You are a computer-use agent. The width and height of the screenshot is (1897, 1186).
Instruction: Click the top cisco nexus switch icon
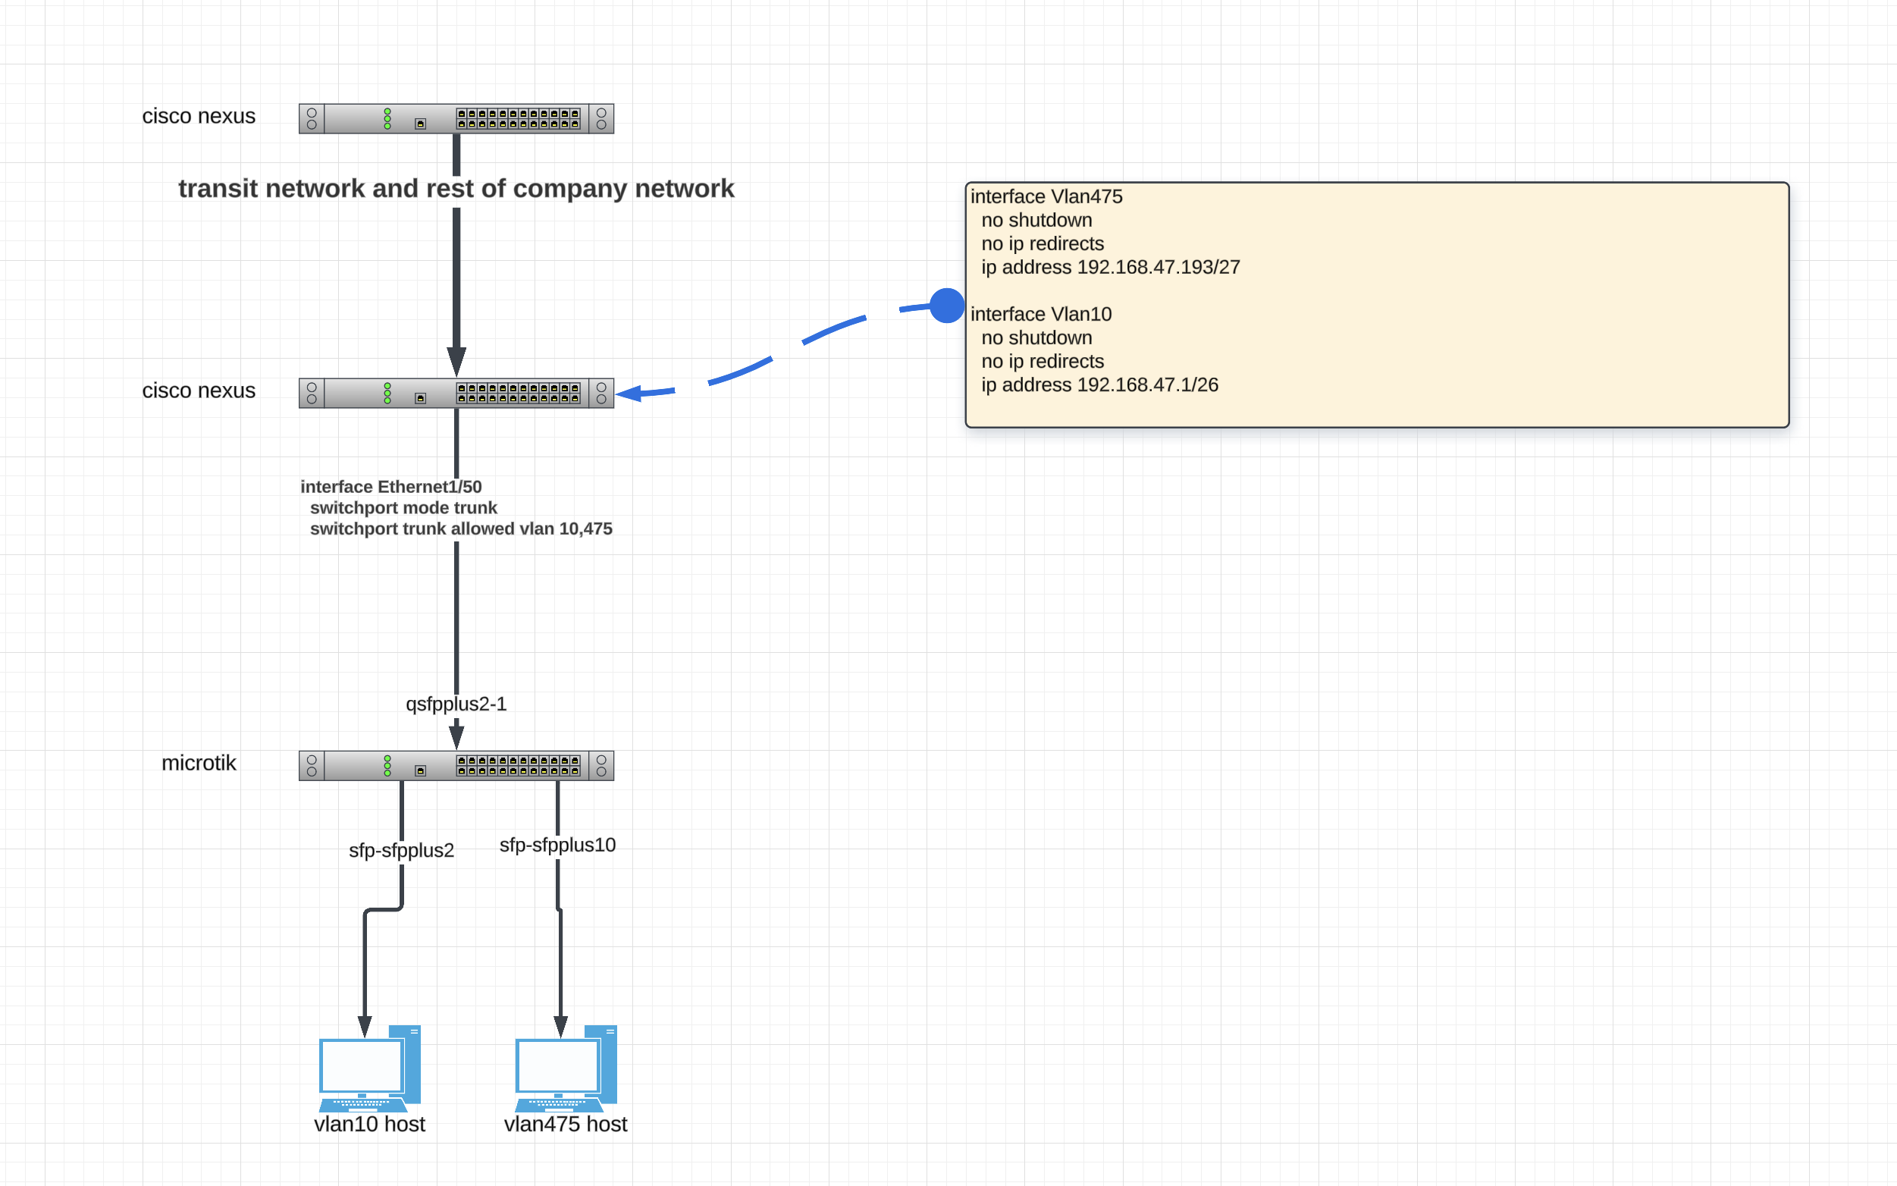click(x=456, y=118)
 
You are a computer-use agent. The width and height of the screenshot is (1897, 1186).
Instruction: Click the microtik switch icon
click(x=456, y=766)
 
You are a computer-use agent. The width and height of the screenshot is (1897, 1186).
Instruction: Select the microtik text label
click(x=199, y=762)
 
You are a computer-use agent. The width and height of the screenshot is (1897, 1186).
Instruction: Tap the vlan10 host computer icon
click(x=369, y=1068)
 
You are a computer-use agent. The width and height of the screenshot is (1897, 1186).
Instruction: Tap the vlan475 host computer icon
click(x=566, y=1068)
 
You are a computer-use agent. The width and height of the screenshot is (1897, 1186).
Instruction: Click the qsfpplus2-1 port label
click(x=456, y=704)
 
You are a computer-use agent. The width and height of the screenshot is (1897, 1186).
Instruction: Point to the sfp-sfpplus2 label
click(x=401, y=850)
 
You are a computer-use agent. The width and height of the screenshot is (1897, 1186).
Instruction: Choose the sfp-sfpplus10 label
click(x=557, y=845)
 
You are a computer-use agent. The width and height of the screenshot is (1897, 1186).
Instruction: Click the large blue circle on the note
click(x=946, y=305)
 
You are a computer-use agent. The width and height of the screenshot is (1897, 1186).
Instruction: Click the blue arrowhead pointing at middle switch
click(x=630, y=393)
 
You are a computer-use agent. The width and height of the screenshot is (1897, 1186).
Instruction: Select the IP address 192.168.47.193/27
click(x=1159, y=268)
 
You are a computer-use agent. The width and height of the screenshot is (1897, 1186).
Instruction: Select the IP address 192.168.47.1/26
click(x=1147, y=385)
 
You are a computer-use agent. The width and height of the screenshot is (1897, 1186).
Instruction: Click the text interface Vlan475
click(x=1046, y=197)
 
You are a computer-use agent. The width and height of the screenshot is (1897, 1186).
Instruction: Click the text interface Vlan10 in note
click(x=1041, y=315)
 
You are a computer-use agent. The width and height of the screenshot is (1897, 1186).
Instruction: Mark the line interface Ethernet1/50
click(x=390, y=486)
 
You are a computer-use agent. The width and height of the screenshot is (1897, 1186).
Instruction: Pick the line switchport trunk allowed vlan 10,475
click(x=460, y=529)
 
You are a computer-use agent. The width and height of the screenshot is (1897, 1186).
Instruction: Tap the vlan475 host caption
click(x=566, y=1124)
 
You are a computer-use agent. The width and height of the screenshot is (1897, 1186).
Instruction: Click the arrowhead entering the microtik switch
click(x=456, y=737)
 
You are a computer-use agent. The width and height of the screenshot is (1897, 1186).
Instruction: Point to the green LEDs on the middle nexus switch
click(x=387, y=393)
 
